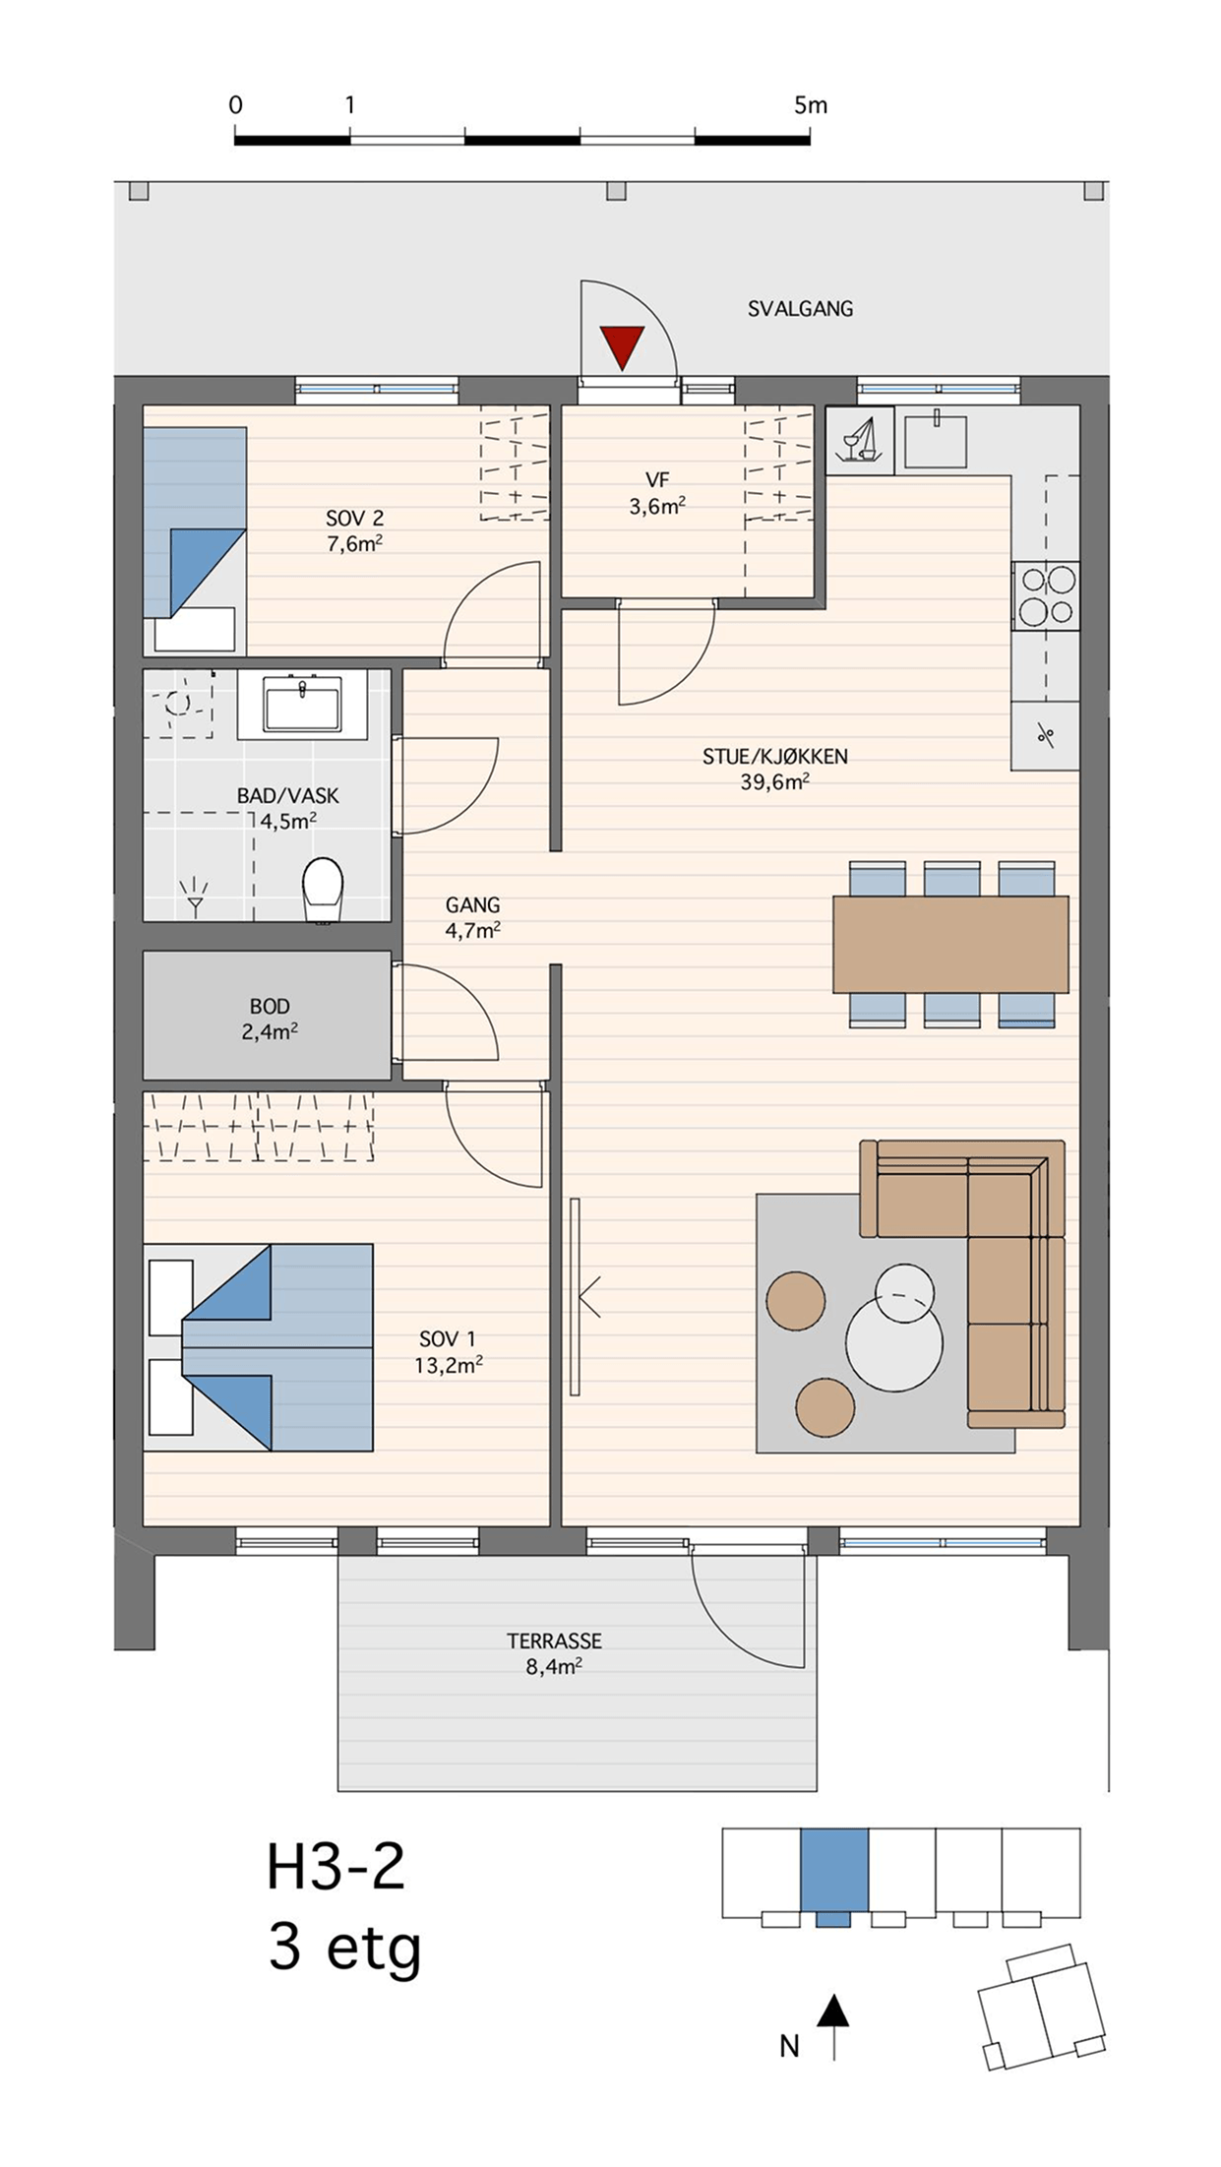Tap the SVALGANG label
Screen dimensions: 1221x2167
point(800,309)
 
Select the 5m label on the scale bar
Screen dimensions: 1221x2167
point(811,104)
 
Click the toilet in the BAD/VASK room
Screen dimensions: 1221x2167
point(322,890)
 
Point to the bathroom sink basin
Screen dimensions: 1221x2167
point(302,703)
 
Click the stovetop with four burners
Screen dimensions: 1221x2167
point(1045,595)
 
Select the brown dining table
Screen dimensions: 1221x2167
point(950,944)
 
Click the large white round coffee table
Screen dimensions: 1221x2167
point(893,1342)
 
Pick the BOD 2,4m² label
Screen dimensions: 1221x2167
point(270,1019)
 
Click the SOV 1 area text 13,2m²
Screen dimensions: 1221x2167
point(449,1365)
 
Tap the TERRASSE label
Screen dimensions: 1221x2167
point(554,1641)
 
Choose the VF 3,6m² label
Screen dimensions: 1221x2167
point(657,493)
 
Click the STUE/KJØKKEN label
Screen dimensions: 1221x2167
point(775,757)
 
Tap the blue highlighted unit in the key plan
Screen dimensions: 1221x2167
point(834,1873)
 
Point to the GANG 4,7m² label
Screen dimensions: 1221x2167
point(473,917)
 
